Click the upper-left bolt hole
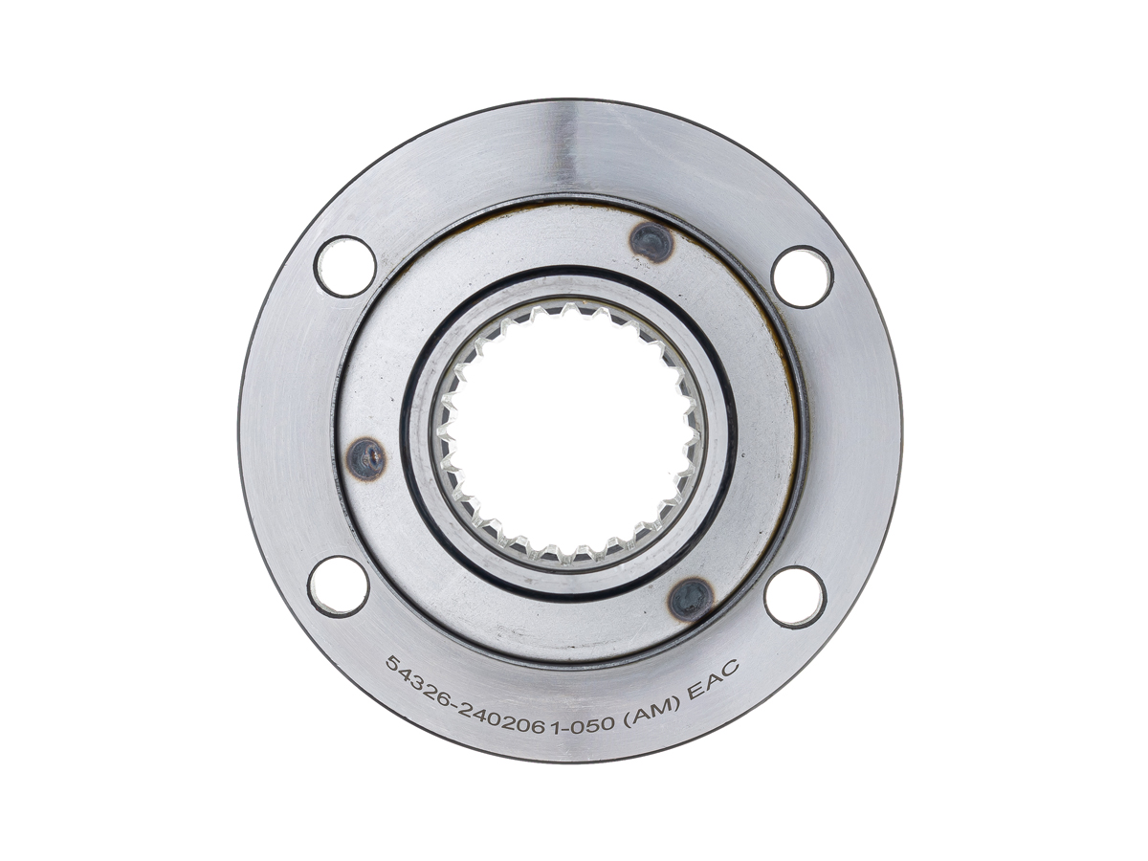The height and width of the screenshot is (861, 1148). (345, 267)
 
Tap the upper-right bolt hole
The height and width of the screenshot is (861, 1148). (803, 277)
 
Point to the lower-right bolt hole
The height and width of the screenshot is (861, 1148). (795, 597)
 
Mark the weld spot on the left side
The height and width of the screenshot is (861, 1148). (366, 460)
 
